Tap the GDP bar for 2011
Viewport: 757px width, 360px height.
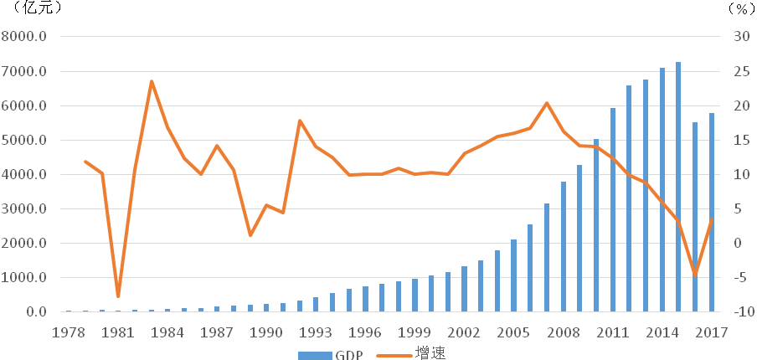[x=613, y=210]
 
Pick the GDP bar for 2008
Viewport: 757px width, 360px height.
[x=564, y=247]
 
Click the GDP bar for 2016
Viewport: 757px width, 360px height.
[x=695, y=218]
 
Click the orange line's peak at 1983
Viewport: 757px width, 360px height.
[x=152, y=81]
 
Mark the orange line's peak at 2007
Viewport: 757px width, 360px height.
[x=547, y=103]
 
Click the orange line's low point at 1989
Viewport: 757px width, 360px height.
[x=250, y=235]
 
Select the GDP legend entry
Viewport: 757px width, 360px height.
[x=331, y=354]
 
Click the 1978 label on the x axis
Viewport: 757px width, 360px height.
[x=69, y=332]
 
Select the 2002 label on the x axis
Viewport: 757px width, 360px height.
[x=464, y=332]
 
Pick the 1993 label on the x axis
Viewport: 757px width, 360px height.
[x=316, y=332]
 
